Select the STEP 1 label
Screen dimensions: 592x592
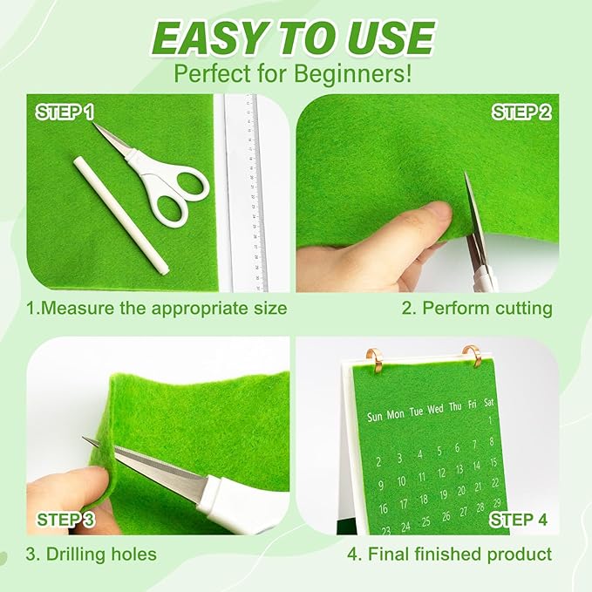(x=65, y=112)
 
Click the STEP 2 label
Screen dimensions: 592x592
(x=521, y=112)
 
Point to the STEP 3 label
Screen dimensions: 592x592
(x=66, y=521)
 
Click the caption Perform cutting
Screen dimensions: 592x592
(x=476, y=308)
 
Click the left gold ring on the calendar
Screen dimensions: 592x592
(x=378, y=357)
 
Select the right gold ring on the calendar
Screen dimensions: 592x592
(x=473, y=357)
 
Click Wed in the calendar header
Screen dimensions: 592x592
(x=435, y=408)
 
